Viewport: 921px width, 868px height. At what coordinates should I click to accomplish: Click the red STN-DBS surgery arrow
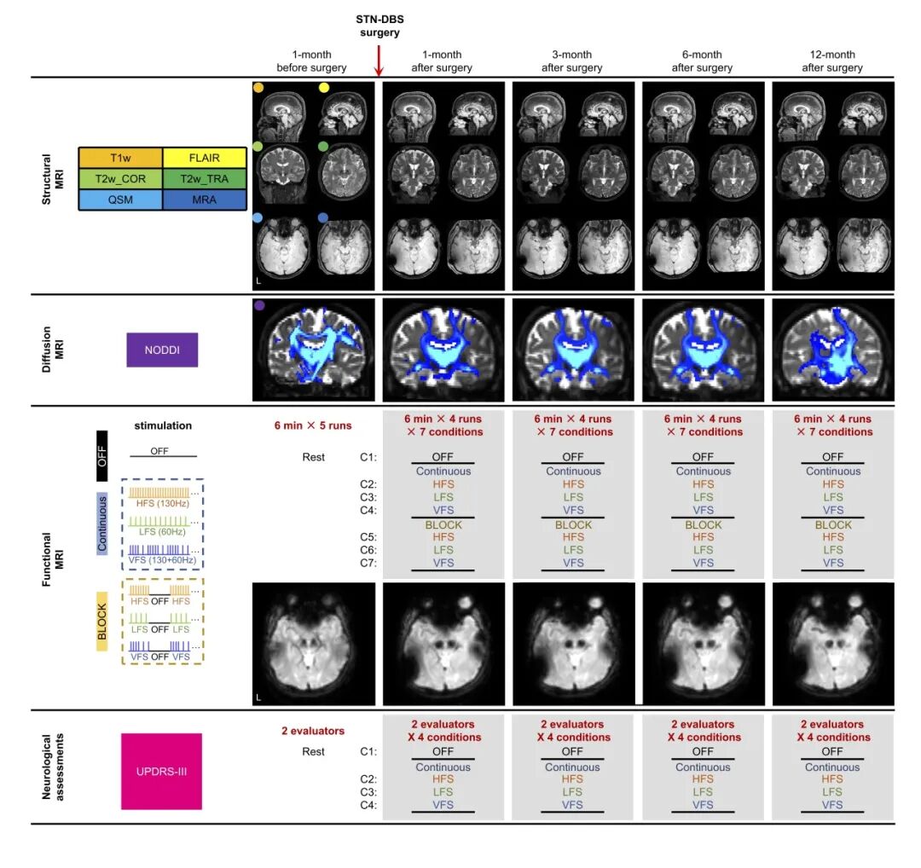379,60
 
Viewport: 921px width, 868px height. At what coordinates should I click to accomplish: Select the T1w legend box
120,158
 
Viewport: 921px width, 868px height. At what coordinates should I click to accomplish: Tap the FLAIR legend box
205,158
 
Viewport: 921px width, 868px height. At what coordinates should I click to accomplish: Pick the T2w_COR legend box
120,178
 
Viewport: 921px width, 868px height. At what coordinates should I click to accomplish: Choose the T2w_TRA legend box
205,178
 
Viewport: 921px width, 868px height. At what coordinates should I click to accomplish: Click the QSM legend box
120,200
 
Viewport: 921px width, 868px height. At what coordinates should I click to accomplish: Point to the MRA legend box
205,200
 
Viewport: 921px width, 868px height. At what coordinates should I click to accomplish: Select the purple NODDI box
162,350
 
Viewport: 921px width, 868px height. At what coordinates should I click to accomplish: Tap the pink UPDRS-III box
161,771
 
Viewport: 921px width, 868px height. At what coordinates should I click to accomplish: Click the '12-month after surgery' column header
832,61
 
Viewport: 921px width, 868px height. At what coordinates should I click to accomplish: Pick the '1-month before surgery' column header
311,61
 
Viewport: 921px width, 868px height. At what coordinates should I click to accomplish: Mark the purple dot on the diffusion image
259,305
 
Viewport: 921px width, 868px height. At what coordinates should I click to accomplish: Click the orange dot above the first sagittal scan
258,88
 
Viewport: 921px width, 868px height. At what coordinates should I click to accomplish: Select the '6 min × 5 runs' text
312,425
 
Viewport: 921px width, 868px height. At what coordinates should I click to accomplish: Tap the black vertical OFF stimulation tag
102,455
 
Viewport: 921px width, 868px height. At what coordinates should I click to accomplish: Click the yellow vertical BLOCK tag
102,622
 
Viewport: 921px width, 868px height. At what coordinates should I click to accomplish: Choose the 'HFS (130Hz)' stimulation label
163,503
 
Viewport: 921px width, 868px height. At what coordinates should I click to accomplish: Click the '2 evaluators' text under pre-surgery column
312,731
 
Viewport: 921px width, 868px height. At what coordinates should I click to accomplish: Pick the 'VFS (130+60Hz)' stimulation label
162,559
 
